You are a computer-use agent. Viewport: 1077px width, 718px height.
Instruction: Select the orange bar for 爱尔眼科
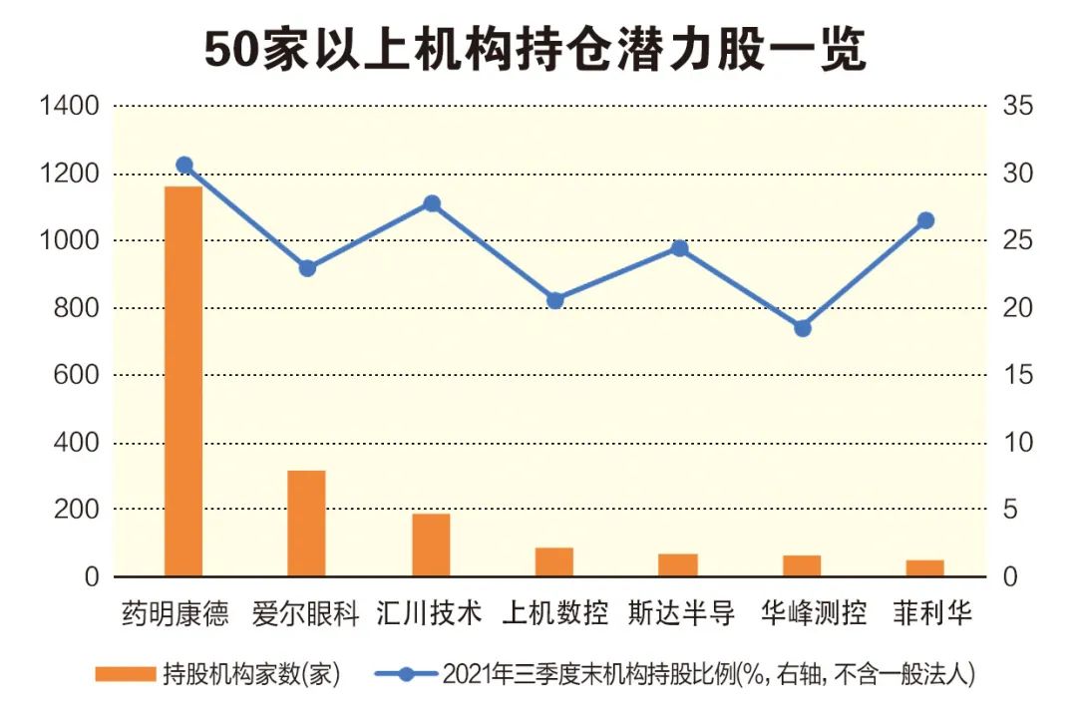pyautogui.click(x=307, y=523)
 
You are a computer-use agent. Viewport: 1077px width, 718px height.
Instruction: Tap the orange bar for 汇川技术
pyautogui.click(x=431, y=544)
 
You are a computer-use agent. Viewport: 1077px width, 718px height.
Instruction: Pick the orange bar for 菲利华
pyautogui.click(x=924, y=567)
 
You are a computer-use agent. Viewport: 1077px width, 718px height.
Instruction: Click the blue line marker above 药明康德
pyautogui.click(x=183, y=166)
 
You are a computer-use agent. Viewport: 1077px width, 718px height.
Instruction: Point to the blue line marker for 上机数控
pyautogui.click(x=555, y=300)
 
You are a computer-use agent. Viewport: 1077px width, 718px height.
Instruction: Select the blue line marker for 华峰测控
pyautogui.click(x=802, y=327)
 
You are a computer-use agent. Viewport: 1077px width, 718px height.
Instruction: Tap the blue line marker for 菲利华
pyautogui.click(x=925, y=220)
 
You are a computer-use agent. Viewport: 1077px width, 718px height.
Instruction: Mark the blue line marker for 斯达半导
pyautogui.click(x=679, y=248)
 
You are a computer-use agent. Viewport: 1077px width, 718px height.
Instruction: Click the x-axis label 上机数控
pyautogui.click(x=554, y=611)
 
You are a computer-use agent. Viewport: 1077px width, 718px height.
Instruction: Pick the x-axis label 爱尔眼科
pyautogui.click(x=306, y=611)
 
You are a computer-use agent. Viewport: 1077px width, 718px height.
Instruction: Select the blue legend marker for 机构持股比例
pyautogui.click(x=405, y=674)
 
